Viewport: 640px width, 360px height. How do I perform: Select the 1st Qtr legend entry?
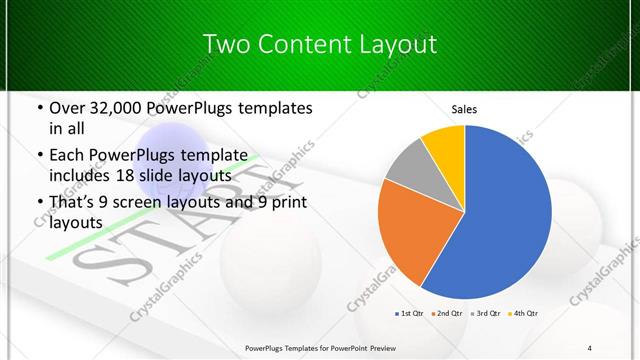coord(410,313)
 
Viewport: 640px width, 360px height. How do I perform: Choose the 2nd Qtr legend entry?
coord(447,313)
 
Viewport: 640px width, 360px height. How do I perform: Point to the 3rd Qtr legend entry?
coord(486,313)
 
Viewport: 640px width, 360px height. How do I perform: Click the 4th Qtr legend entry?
coord(523,313)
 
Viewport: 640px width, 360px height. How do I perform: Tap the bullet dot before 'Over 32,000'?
coord(39,108)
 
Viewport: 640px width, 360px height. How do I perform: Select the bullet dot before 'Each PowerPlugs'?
coord(39,154)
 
